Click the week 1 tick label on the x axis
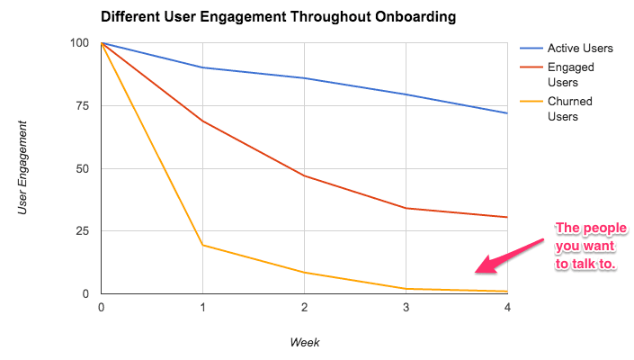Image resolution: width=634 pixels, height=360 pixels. (x=202, y=308)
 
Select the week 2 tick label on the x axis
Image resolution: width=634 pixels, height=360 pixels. (x=304, y=308)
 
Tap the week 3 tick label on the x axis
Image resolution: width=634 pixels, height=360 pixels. (x=406, y=308)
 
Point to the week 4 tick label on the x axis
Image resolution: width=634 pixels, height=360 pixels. (x=507, y=308)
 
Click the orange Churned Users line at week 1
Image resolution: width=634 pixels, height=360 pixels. (x=202, y=245)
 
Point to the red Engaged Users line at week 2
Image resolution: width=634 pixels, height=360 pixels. (x=304, y=175)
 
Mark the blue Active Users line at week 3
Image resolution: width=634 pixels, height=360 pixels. (x=406, y=94)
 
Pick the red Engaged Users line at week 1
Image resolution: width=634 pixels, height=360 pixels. (x=202, y=121)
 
